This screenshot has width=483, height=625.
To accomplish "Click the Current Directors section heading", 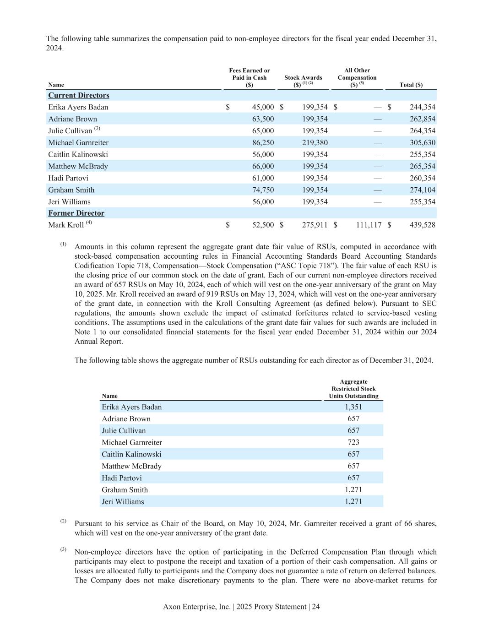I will [79, 95].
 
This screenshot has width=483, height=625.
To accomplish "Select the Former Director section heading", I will [76, 213].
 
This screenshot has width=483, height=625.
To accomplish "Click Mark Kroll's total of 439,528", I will [422, 225].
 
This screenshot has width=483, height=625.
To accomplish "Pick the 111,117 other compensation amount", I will [369, 225].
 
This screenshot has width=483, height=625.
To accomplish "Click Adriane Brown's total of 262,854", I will [422, 119].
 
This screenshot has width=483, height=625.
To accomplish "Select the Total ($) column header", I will [411, 85].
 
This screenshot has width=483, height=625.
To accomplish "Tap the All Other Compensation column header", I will [357, 77].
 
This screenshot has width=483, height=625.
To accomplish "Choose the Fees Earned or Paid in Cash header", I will [249, 77].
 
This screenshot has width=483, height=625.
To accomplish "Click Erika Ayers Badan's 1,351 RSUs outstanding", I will [353, 407].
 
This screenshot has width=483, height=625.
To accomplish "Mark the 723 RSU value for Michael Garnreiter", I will [353, 442].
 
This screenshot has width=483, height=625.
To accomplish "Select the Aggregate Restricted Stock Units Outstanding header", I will [353, 389].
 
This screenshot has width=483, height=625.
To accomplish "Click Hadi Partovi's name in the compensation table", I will [68, 178].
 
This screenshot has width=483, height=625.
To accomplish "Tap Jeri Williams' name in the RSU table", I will [123, 501].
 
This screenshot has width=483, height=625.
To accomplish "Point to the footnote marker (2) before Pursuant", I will [63, 522].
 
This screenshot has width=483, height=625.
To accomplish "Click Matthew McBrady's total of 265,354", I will [422, 166].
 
